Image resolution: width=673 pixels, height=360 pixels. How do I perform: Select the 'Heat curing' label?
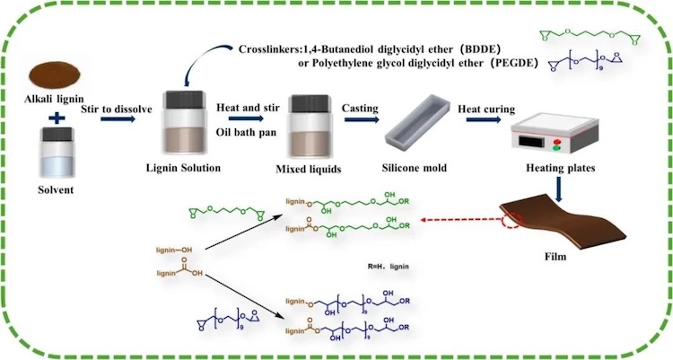(485, 110)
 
